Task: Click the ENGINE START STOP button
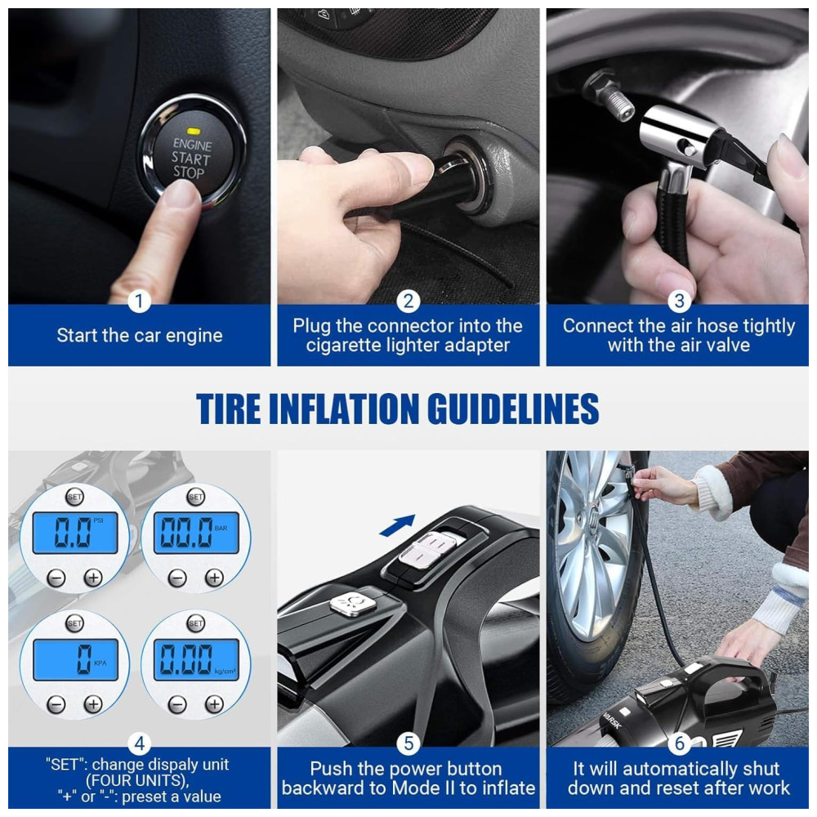[192, 152]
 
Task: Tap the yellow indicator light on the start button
[194, 130]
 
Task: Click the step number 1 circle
[139, 301]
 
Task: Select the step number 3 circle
[679, 301]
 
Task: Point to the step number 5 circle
[408, 743]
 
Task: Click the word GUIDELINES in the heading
[516, 408]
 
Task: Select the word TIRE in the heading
[228, 408]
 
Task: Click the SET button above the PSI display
[74, 497]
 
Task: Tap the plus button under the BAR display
[214, 578]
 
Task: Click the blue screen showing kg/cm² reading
[196, 659]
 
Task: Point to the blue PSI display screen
[75, 533]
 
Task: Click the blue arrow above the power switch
[398, 525]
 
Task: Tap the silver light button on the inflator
[353, 605]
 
